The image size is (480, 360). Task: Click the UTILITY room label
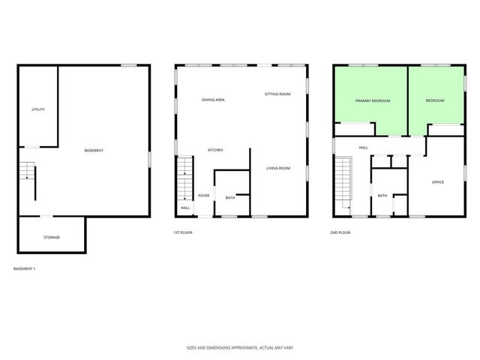38,109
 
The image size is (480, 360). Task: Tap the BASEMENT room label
94,151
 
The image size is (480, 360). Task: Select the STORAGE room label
51,237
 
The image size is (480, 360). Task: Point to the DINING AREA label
213,100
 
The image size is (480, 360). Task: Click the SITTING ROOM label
277,94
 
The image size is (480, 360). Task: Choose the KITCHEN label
215,150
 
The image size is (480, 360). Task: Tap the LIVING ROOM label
277,168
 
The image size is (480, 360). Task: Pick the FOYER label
203,196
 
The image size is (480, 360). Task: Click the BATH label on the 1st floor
230,198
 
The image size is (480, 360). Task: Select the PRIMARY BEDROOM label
373,100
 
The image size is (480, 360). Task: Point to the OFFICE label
438,182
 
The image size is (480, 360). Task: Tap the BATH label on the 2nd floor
382,196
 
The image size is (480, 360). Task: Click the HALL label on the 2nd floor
363,148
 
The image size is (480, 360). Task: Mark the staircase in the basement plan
27,172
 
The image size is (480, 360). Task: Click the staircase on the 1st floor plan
185,178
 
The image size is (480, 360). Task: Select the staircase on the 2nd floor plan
343,181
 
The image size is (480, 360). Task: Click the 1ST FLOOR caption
183,232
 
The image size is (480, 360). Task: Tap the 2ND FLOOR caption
340,232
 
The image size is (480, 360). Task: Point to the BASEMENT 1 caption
25,268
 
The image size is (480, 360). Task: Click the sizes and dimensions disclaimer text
239,347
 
